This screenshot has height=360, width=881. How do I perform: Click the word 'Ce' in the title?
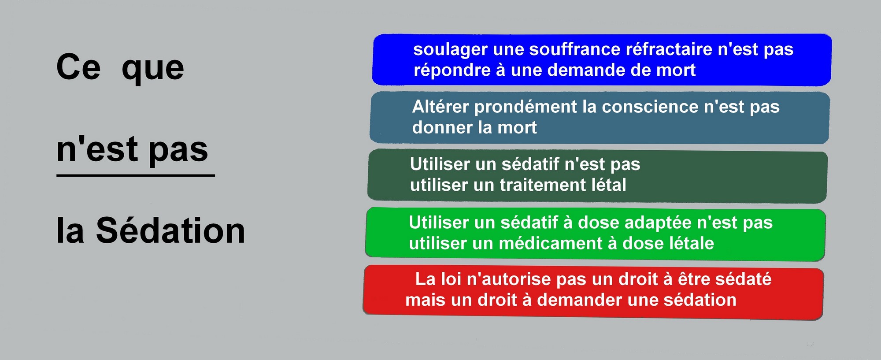[78, 67]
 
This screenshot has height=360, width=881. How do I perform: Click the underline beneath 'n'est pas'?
[136, 175]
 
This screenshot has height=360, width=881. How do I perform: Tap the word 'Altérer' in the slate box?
[440, 107]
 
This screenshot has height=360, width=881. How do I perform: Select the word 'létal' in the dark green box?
[607, 185]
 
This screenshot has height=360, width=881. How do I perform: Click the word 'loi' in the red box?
[451, 279]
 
